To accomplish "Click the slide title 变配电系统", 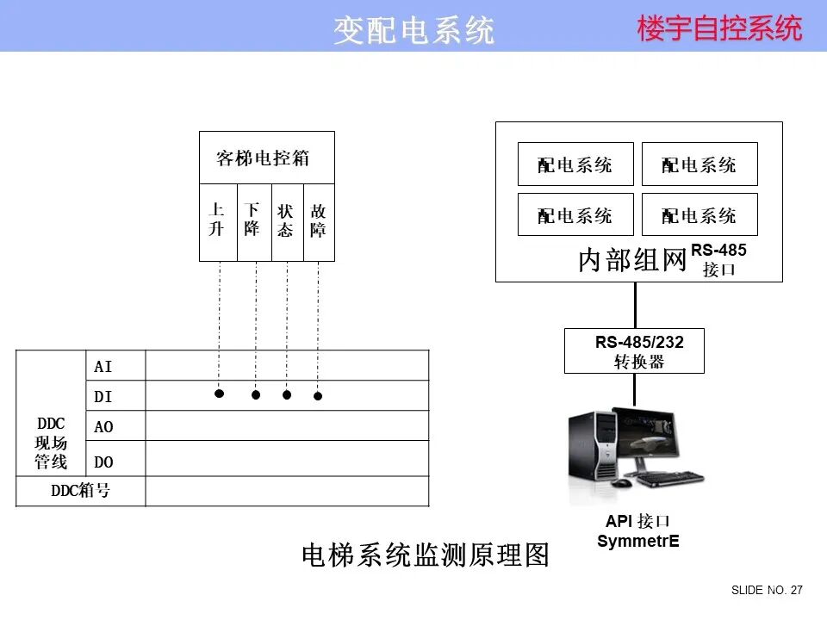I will (x=413, y=30).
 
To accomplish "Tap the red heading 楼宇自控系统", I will (x=719, y=28).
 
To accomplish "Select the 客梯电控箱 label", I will (x=263, y=158).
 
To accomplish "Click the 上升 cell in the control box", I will (x=217, y=220).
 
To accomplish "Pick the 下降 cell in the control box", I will (x=252, y=220).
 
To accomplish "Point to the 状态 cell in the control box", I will (x=286, y=220).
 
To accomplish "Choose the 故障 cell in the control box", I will (x=318, y=220).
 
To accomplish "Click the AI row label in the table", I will (x=103, y=367).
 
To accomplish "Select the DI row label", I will (x=103, y=397).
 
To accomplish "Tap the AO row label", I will (x=103, y=427).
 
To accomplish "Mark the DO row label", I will (x=103, y=462).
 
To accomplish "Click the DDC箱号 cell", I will (x=80, y=492).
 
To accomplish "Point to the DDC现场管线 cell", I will (x=51, y=443).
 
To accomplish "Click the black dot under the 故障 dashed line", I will (x=318, y=396).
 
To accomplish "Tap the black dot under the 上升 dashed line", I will (x=219, y=394).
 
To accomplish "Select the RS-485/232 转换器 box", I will (x=634, y=351).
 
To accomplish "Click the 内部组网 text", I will (x=631, y=261).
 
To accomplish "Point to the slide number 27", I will (x=796, y=591).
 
